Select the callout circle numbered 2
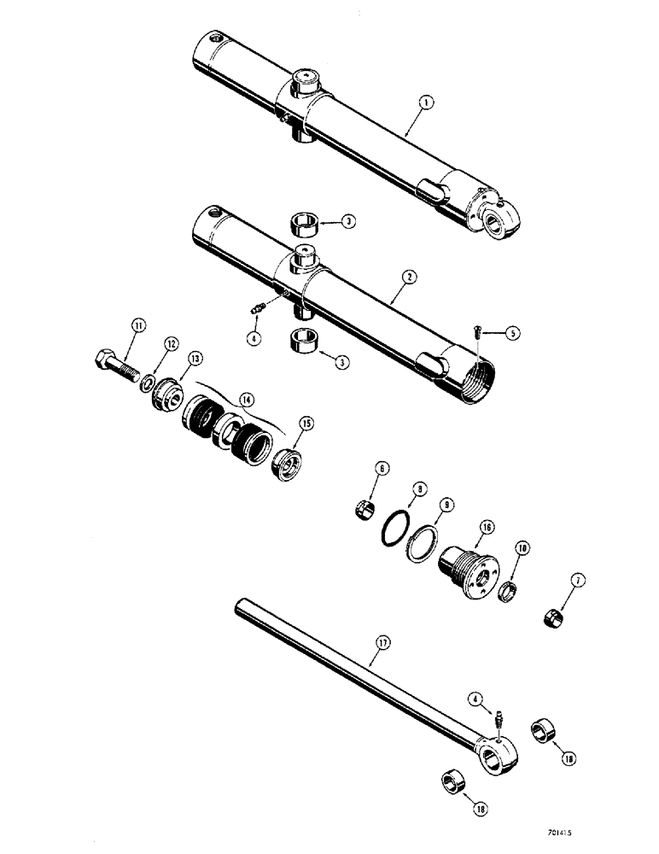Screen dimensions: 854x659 click(x=410, y=277)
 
